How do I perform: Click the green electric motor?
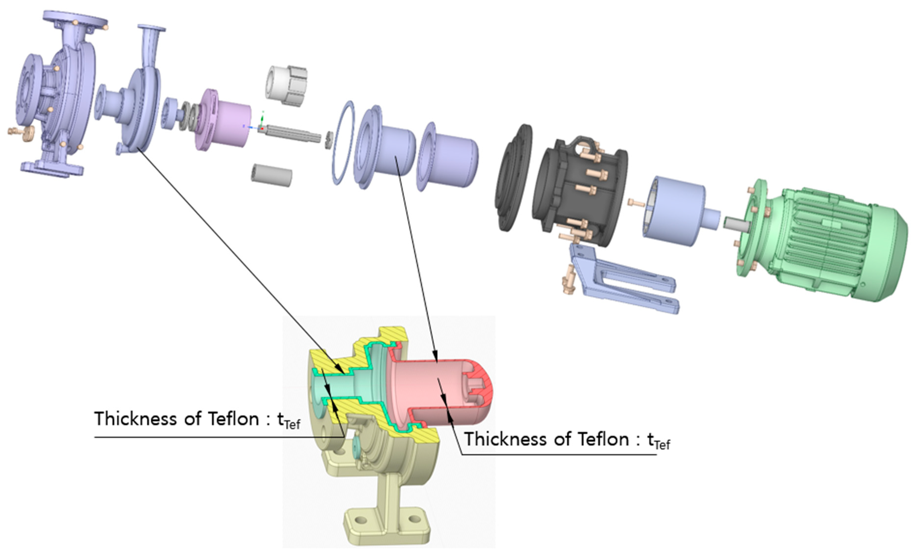[826, 241]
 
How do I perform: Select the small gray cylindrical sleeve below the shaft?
[271, 175]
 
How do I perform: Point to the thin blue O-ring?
[343, 143]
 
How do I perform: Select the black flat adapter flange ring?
[513, 178]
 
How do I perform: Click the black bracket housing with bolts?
[578, 193]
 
